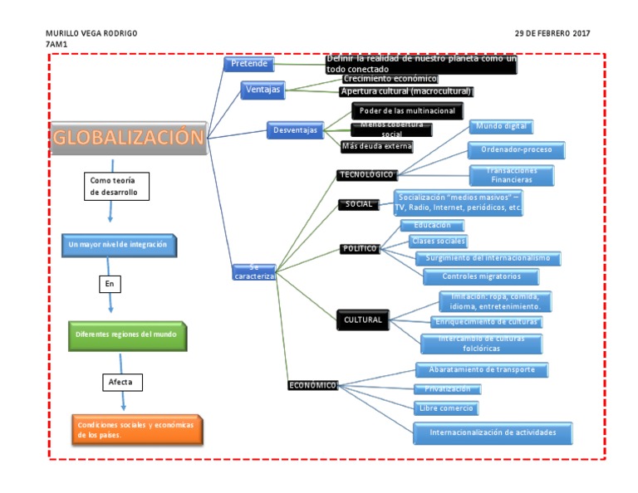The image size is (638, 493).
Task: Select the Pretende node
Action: pyautogui.click(x=249, y=64)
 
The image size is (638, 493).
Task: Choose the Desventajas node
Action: pyautogui.click(x=295, y=130)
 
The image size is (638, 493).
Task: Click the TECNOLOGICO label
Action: pyautogui.click(x=366, y=174)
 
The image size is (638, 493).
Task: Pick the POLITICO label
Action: pyautogui.click(x=360, y=248)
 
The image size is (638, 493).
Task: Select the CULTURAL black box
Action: pyautogui.click(x=362, y=320)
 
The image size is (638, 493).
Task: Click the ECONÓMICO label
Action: pyautogui.click(x=313, y=385)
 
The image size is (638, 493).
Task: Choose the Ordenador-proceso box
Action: pyautogui.click(x=517, y=150)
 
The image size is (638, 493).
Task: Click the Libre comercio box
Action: pyautogui.click(x=447, y=408)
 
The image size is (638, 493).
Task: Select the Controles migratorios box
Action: pyautogui.click(x=481, y=276)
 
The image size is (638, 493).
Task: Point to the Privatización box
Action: pyautogui.click(x=447, y=388)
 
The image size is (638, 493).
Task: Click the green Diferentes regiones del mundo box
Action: pyautogui.click(x=127, y=334)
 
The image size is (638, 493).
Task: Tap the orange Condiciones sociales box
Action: pyautogui.click(x=137, y=429)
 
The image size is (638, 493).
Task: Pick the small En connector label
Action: pyautogui.click(x=109, y=284)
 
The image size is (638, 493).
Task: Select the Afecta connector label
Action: pyautogui.click(x=120, y=383)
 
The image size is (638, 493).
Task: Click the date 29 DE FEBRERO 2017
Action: pyautogui.click(x=552, y=33)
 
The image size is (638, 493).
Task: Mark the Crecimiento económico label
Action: pyautogui.click(x=390, y=78)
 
